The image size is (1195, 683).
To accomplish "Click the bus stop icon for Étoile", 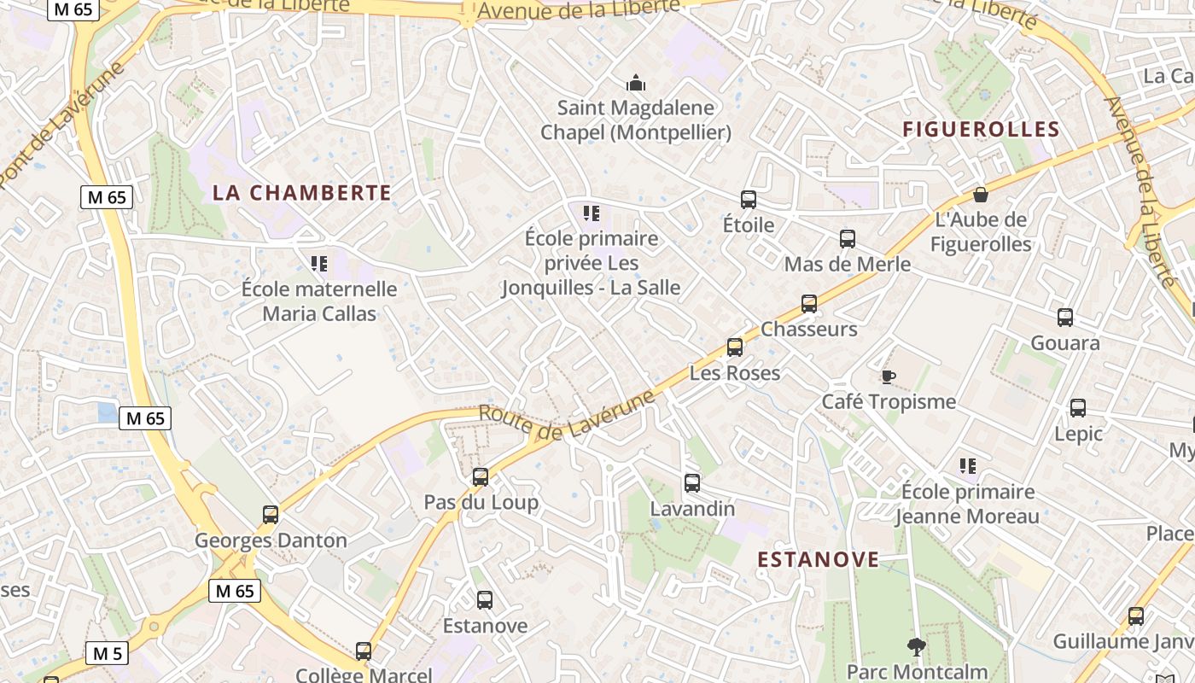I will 749,200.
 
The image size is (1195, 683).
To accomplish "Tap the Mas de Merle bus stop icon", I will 848,239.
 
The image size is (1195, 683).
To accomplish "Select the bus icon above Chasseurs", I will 809,304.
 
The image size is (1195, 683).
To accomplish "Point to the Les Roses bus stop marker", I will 735,347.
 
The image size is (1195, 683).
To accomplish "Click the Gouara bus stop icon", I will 1065,318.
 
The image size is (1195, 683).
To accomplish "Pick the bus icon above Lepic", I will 1078,408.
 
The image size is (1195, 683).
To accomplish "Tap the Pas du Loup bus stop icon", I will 481,477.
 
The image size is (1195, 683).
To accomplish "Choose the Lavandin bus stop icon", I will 692,483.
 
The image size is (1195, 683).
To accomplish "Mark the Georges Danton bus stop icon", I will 271,515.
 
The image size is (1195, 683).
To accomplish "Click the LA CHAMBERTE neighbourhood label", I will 302,193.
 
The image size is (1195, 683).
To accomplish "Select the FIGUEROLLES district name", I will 981,130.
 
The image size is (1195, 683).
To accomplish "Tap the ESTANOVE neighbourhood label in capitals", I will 819,559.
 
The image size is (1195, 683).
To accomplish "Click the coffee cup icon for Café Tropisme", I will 889,377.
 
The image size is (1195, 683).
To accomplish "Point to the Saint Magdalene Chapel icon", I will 636,83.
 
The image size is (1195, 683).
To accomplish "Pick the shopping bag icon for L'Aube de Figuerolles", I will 981,195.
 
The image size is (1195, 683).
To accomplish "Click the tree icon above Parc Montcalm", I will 917,647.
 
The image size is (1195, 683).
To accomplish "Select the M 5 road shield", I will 107,654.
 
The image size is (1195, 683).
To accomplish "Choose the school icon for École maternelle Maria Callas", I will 319,264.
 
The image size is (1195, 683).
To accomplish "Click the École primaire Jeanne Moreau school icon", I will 968,466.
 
